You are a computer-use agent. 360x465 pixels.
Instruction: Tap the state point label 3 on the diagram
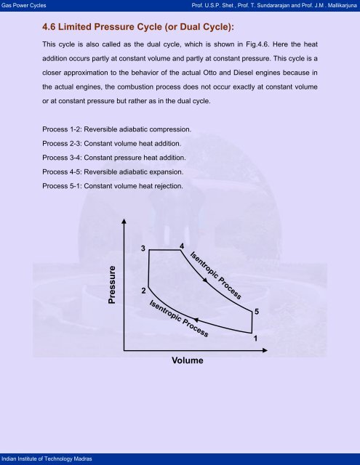144,249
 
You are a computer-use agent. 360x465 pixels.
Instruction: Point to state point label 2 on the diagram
143,291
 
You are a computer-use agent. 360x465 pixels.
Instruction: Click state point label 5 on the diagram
256,311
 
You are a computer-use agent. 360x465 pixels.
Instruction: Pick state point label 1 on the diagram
255,339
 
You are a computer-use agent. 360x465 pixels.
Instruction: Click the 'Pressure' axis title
112,286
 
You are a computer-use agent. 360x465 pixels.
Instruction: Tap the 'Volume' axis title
187,361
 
